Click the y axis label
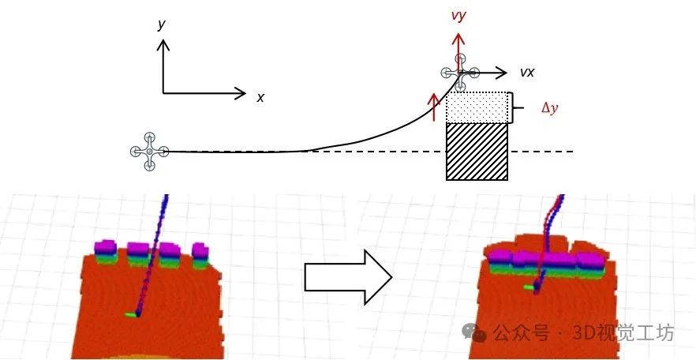click(161, 25)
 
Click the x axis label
click(260, 97)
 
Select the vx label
click(527, 72)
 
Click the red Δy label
click(549, 108)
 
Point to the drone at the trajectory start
click(150, 151)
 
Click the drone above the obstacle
click(460, 73)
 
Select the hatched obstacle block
click(477, 152)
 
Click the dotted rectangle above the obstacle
click(478, 107)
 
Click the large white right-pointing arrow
click(348, 276)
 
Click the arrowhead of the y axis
click(163, 44)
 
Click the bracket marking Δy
click(515, 108)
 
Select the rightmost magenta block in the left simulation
click(200, 250)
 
